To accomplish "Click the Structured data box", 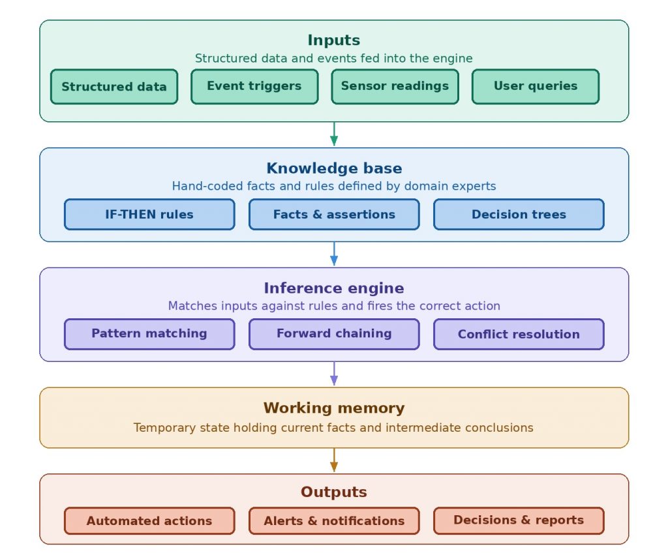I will [114, 87].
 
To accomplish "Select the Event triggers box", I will [254, 87].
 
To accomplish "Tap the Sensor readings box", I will [395, 87].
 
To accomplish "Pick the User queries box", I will [536, 87].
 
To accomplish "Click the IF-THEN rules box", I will [149, 215].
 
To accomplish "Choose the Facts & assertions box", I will [334, 215].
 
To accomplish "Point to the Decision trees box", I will [519, 215].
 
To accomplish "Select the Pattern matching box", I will [149, 334].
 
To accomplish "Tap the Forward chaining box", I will [334, 334].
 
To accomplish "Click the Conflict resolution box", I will [519, 334].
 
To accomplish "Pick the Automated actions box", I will [149, 520].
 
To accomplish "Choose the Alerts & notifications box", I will [334, 520].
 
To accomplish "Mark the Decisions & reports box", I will [519, 520].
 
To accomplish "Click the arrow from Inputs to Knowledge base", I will [334, 134].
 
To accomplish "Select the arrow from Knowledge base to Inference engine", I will [334, 254].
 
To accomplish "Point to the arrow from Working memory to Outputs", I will [334, 460].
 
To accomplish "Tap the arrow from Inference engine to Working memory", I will [334, 374].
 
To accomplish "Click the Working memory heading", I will [334, 408].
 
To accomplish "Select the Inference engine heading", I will [334, 288].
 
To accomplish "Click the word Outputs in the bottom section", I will [334, 492].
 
